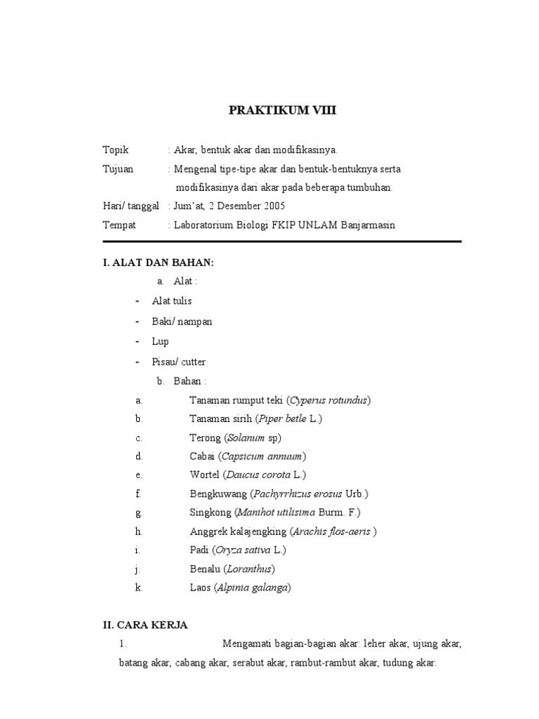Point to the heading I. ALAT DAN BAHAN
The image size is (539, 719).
pyautogui.click(x=158, y=262)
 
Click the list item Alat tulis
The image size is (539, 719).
pyautogui.click(x=172, y=301)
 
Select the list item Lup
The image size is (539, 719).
pyautogui.click(x=160, y=341)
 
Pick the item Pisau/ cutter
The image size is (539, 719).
pyautogui.click(x=178, y=362)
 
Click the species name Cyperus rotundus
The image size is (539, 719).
pyautogui.click(x=328, y=400)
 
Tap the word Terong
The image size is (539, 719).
pyautogui.click(x=205, y=437)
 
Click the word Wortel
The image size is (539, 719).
pyautogui.click(x=205, y=475)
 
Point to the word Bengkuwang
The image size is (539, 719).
pyautogui.click(x=216, y=494)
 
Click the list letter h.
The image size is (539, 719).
pyautogui.click(x=139, y=532)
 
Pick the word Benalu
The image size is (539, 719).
pyautogui.click(x=205, y=569)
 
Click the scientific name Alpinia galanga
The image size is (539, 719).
pyautogui.click(x=253, y=588)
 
